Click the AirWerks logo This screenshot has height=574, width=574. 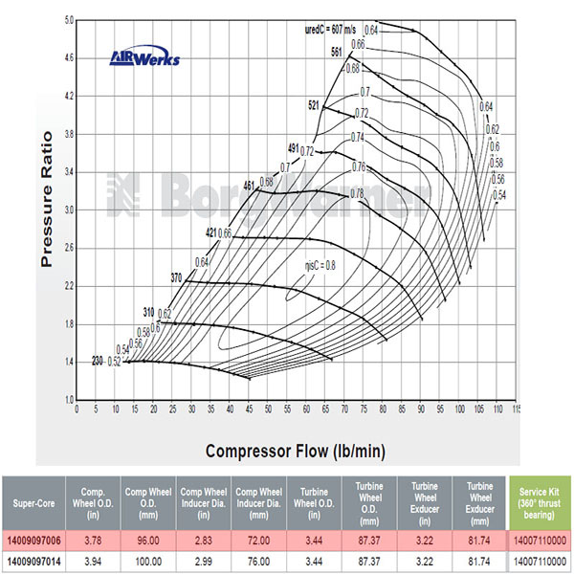(x=143, y=59)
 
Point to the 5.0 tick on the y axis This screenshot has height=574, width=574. (x=67, y=20)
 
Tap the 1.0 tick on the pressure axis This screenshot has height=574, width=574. (x=67, y=399)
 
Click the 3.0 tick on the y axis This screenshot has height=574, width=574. (x=67, y=210)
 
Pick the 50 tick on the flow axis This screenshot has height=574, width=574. (x=268, y=408)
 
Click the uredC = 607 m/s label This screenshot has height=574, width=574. (x=327, y=29)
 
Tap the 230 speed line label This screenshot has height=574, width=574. (x=97, y=362)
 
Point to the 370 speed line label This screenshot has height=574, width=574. (x=175, y=277)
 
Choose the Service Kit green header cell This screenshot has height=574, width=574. (x=541, y=499)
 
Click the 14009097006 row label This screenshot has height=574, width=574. (x=34, y=538)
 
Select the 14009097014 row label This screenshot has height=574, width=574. (x=34, y=559)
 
